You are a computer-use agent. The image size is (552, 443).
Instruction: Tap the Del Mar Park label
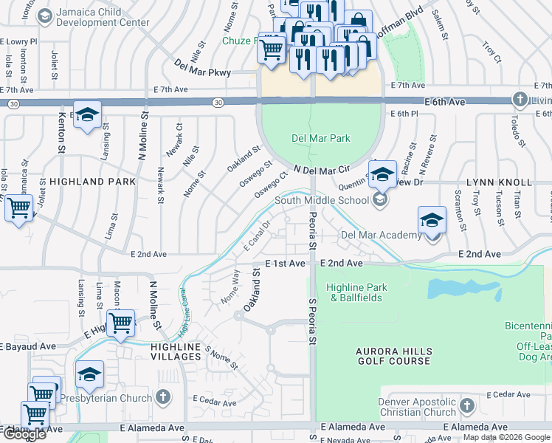pyautogui.click(x=320, y=138)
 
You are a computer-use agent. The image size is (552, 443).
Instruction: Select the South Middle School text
pyautogui.click(x=322, y=200)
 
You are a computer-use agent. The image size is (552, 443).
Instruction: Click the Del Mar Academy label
pyautogui.click(x=380, y=236)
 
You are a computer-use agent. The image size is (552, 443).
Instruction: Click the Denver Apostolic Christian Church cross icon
pyautogui.click(x=466, y=405)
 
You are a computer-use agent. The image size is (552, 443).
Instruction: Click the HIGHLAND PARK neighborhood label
pyautogui.click(x=92, y=181)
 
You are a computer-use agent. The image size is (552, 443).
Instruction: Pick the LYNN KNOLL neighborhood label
pyautogui.click(x=499, y=182)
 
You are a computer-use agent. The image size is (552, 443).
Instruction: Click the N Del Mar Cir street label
pyautogui.click(x=321, y=171)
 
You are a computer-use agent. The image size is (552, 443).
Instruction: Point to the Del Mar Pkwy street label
pyautogui.click(x=203, y=72)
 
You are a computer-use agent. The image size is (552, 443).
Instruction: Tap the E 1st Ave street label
pyautogui.click(x=285, y=264)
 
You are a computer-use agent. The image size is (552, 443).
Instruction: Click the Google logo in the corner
pyautogui.click(x=24, y=434)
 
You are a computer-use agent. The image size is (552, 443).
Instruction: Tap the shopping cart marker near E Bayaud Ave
pyautogui.click(x=120, y=323)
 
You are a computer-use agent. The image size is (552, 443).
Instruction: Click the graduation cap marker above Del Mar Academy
pyautogui.click(x=432, y=220)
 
